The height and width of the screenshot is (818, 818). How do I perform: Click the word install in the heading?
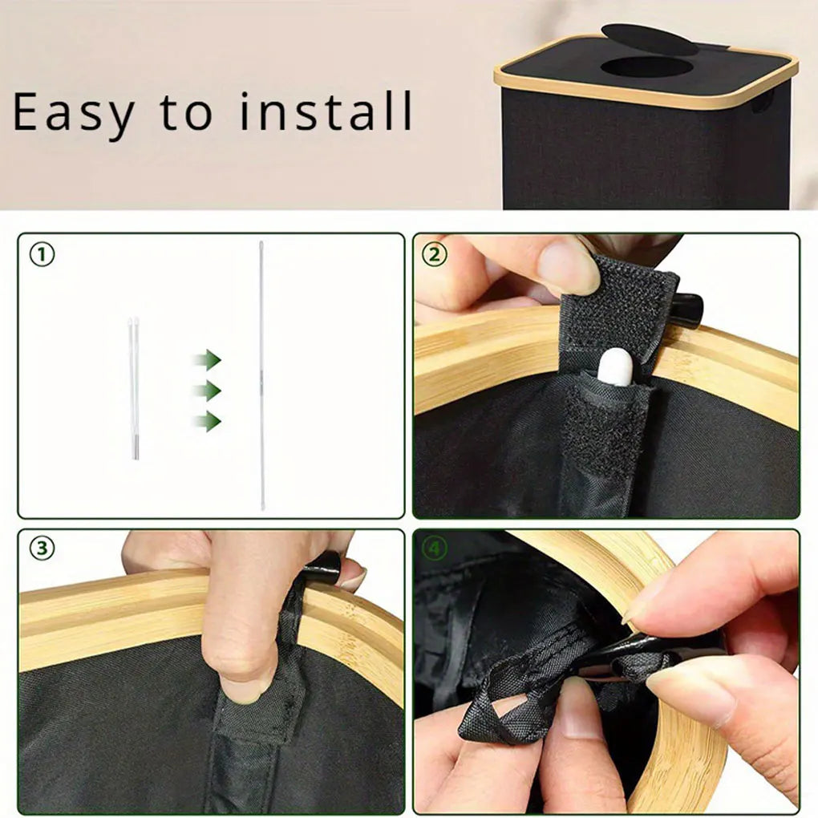pos(326,111)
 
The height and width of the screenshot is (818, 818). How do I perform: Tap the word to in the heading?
pos(186,113)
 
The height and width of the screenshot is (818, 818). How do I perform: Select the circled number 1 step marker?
pos(42,254)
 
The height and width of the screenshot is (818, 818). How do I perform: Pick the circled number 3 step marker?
pos(42,549)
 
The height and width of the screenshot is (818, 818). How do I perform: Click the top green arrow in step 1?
pos(209,359)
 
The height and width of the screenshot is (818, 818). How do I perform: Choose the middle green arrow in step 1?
pos(209,391)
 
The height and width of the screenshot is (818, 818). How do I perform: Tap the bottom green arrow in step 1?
pos(209,421)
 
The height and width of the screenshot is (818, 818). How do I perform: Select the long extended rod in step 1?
pos(262,375)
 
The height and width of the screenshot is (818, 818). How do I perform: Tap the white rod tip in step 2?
pos(615,367)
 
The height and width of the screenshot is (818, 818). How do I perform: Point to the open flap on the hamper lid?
pos(649,39)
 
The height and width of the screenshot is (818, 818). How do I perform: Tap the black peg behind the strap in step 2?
pos(687,310)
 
